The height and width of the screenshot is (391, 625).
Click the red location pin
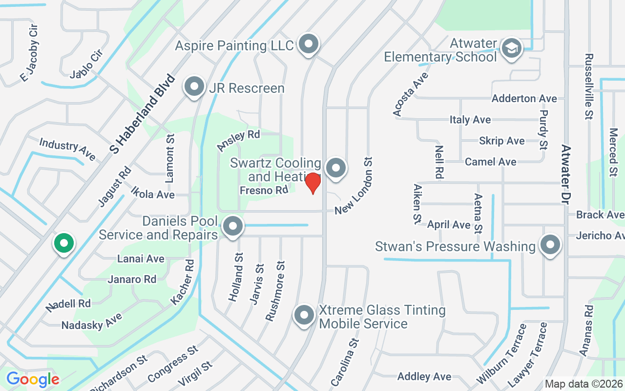(x=312, y=183)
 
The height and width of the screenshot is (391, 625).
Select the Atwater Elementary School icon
(x=511, y=48)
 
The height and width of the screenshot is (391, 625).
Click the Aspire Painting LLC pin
(x=308, y=44)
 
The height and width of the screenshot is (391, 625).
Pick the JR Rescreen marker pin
(x=194, y=87)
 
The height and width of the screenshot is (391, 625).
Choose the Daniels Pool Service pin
(x=232, y=226)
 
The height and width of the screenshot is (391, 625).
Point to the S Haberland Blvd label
(x=143, y=113)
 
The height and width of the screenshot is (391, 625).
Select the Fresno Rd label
(x=264, y=190)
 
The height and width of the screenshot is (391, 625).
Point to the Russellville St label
(x=588, y=86)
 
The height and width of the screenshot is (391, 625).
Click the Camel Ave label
(x=490, y=162)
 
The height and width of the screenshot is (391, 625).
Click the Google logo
(x=33, y=379)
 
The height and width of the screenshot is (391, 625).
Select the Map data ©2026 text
(x=584, y=384)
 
